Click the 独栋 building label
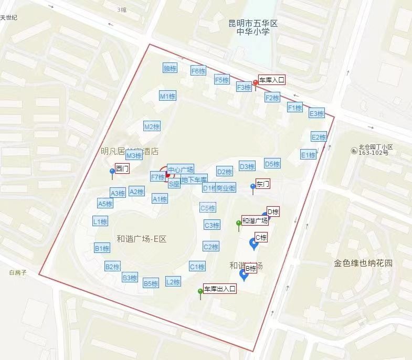pyautogui.click(x=170, y=68)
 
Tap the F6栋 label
pyautogui.click(x=198, y=71)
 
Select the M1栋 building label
pyautogui.click(x=167, y=96)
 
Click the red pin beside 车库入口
pyautogui.click(x=256, y=83)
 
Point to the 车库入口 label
pyautogui.click(x=272, y=80)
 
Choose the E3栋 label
pyautogui.click(x=316, y=113)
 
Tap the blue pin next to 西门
pyautogui.click(x=112, y=172)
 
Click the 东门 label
pyautogui.click(x=263, y=184)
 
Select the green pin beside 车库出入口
pyautogui.click(x=200, y=292)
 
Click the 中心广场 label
pyautogui.click(x=181, y=170)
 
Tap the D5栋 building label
pyautogui.click(x=272, y=164)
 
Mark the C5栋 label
pyautogui.click(x=208, y=208)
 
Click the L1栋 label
pyautogui.click(x=100, y=221)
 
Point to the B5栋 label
pyautogui.click(x=151, y=283)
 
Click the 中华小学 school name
pyautogui.click(x=253, y=31)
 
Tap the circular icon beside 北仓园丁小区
pyautogui.click(x=354, y=151)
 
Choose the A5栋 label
pyautogui.click(x=105, y=204)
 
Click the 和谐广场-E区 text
pyautogui.click(x=141, y=239)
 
